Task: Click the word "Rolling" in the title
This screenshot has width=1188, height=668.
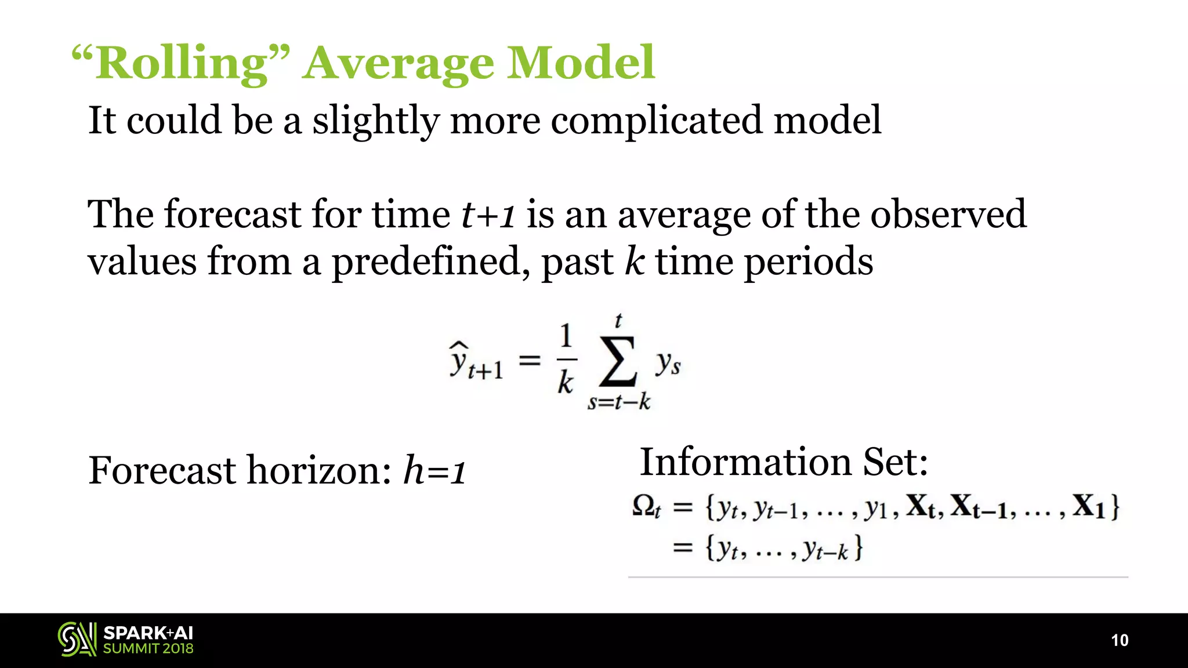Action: click(181, 64)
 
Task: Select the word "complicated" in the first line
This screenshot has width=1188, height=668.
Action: click(657, 121)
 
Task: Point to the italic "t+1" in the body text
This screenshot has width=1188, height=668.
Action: click(488, 215)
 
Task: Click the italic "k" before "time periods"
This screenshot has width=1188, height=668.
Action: click(635, 261)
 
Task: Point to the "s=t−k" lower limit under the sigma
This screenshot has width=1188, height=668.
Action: click(618, 402)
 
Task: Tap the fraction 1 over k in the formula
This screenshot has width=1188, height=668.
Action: click(566, 360)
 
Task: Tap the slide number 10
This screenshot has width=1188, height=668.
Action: click(1120, 640)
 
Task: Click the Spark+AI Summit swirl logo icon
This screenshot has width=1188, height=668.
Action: click(77, 640)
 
